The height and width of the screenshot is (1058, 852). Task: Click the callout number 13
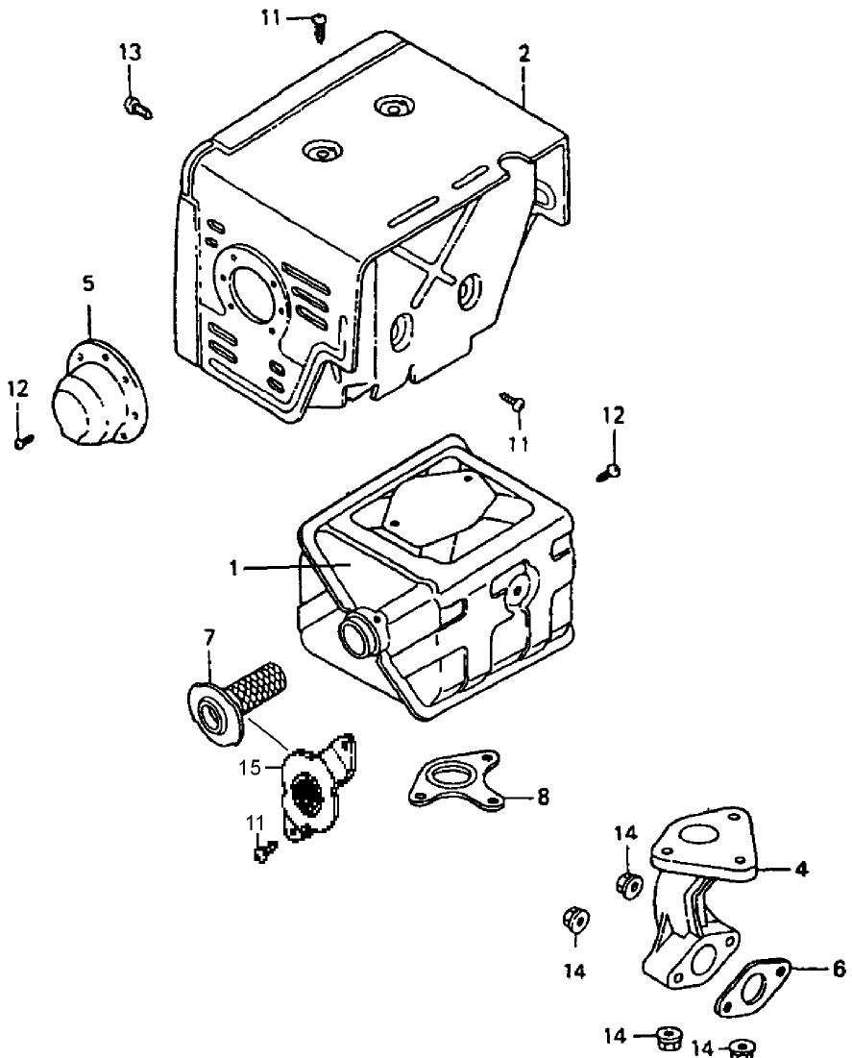click(130, 51)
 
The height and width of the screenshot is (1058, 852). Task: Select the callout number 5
click(88, 283)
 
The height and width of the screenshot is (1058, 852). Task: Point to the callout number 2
click(523, 53)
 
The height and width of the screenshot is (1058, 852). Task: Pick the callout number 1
click(233, 567)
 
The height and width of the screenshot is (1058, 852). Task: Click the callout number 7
click(209, 636)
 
